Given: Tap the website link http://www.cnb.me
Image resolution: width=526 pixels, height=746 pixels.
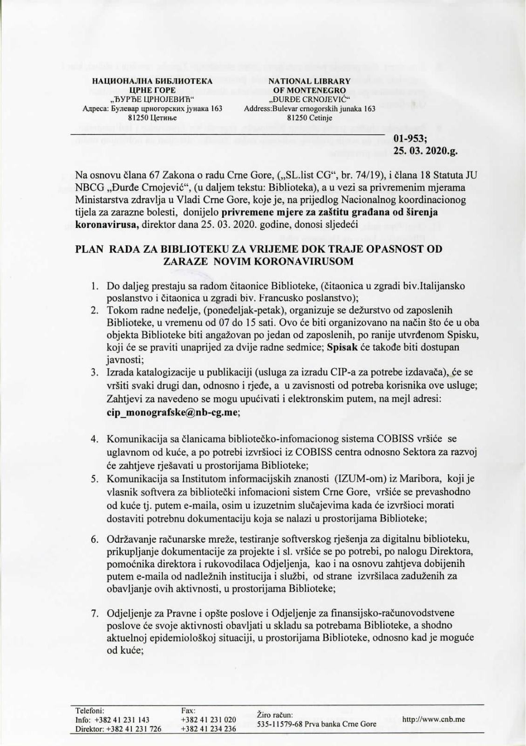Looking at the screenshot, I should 433,719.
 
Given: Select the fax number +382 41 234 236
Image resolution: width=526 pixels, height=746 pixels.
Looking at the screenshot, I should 208,729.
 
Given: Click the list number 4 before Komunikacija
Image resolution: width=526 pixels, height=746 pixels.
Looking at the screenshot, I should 94,439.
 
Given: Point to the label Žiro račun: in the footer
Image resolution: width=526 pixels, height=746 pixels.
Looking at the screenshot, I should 275,715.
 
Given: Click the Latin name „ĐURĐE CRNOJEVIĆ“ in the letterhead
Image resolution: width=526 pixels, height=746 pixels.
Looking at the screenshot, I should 309,99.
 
